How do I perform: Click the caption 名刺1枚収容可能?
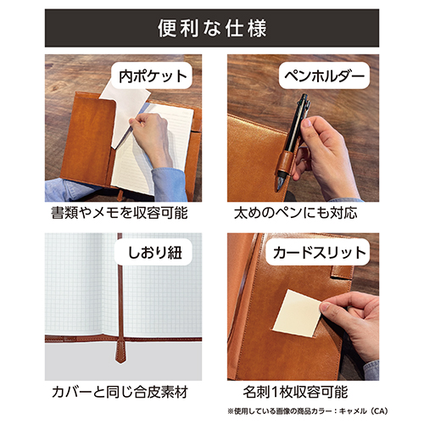[x=294, y=393]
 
